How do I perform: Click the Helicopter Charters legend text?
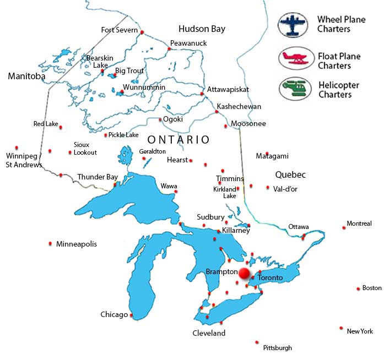pyautogui.click(x=338, y=90)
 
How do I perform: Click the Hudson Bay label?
pyautogui.click(x=202, y=29)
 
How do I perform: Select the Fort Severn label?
pyautogui.click(x=118, y=30)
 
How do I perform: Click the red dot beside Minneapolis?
pyautogui.click(x=51, y=243)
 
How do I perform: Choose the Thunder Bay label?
pyautogui.click(x=98, y=177)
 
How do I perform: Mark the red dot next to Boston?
pyautogui.click(x=358, y=288)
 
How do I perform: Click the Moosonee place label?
pyautogui.click(x=248, y=124)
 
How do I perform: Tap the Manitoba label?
pyautogui.click(x=26, y=77)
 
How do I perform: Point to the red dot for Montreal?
pyautogui.click(x=344, y=227)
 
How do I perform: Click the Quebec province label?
pyautogui.click(x=290, y=174)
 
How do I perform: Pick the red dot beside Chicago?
pyautogui.click(x=131, y=315)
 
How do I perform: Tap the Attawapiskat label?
pyautogui.click(x=228, y=89)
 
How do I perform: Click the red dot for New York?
pyautogui.click(x=342, y=328)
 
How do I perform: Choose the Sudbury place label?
pyautogui.click(x=210, y=217)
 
